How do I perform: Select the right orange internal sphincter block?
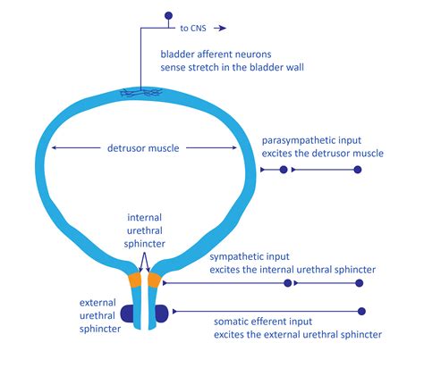(154, 280)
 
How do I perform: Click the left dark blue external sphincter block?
(126, 314)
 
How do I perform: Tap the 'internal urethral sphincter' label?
(144, 229)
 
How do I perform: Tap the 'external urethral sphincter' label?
(93, 314)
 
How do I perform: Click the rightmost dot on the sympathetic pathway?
(359, 283)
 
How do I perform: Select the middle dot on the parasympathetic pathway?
(284, 169)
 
